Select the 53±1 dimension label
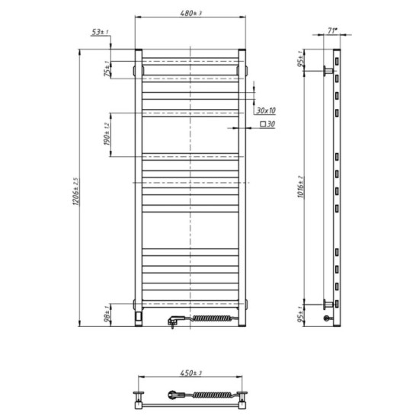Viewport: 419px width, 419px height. tap(99, 33)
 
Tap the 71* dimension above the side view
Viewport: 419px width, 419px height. tap(332, 32)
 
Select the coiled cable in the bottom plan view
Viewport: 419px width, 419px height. tap(213, 395)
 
